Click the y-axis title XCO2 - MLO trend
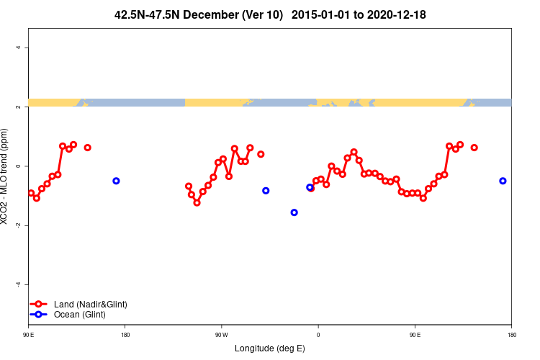[x=6, y=176]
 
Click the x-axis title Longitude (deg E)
[x=270, y=348]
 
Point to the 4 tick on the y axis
[x=27, y=48]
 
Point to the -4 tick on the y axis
[x=27, y=284]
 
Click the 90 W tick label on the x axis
[x=221, y=335]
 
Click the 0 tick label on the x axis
[x=318, y=335]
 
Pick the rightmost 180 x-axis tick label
[x=511, y=335]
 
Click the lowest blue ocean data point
[x=294, y=212]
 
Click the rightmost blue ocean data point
[x=503, y=181]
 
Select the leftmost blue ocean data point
[x=116, y=181]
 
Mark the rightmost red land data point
[x=474, y=148]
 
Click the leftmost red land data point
[x=31, y=193]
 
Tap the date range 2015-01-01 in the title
[x=322, y=14]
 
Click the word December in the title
[x=212, y=14]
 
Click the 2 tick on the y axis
[x=27, y=107]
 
